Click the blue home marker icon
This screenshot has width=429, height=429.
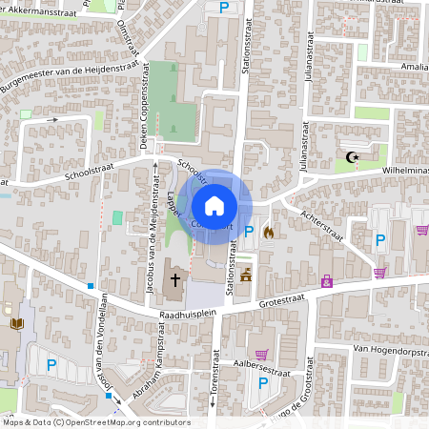[x=214, y=206]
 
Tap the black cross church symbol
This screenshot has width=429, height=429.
[x=174, y=280]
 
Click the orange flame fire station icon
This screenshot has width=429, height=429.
[x=268, y=231]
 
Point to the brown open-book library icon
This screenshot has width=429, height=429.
[x=15, y=325]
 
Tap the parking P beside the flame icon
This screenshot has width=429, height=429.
[x=250, y=231]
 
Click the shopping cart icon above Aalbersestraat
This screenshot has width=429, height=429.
[x=261, y=354]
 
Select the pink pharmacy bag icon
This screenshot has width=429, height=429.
[x=327, y=281]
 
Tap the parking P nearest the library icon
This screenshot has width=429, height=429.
[x=52, y=363]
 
